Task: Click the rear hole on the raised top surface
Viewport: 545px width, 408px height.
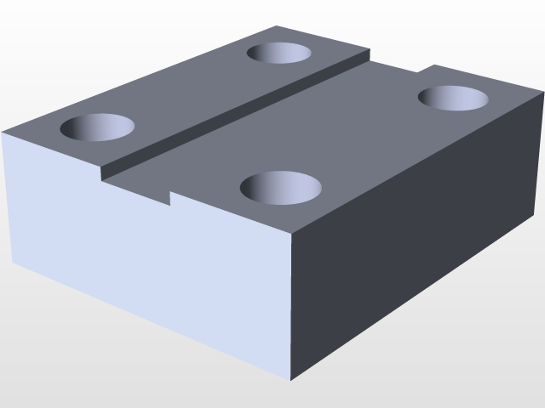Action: point(278,53)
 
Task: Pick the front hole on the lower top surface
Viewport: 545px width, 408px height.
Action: point(281,186)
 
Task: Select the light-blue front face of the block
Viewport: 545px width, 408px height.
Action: point(145,255)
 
